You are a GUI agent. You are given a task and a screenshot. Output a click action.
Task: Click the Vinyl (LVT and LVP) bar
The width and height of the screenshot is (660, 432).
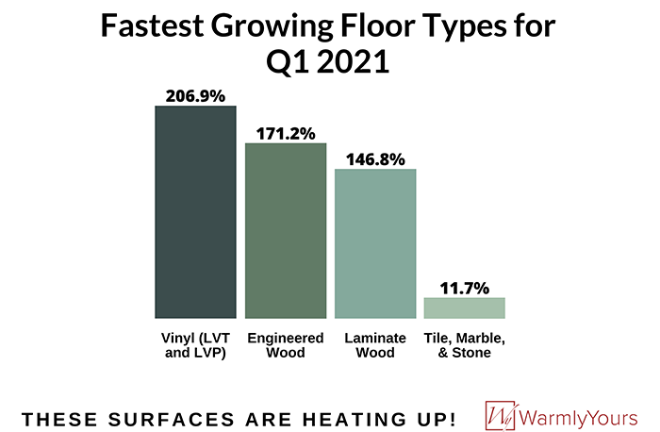[x=195, y=211]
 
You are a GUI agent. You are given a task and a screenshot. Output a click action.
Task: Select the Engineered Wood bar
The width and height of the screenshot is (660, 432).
[x=286, y=230]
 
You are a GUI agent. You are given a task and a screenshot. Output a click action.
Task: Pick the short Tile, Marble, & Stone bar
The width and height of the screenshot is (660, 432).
[x=465, y=307]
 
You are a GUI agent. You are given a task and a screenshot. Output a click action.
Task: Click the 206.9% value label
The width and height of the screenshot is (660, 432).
[x=195, y=95]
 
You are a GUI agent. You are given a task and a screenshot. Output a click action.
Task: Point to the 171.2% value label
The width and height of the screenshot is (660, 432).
[x=286, y=133]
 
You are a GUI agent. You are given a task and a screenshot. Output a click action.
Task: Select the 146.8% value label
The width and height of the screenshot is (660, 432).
[x=375, y=158]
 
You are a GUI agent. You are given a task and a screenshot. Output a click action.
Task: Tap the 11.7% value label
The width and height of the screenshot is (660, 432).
[x=465, y=287]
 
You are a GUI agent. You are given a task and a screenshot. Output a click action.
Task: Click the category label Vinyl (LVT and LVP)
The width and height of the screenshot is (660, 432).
[x=195, y=345]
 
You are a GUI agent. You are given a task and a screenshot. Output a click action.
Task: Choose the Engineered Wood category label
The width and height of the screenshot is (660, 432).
[x=286, y=345]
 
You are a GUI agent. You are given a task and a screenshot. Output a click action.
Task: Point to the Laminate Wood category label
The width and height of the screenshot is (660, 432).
[x=375, y=345]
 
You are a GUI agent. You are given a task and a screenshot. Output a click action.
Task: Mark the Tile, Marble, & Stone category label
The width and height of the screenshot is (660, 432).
[x=465, y=345]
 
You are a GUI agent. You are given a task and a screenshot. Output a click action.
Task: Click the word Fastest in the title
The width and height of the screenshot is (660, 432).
[x=153, y=26]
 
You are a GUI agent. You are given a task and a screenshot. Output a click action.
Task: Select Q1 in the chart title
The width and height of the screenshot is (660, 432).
[x=286, y=64]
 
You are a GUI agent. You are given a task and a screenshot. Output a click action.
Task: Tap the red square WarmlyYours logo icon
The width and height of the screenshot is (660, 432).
[x=501, y=415]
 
